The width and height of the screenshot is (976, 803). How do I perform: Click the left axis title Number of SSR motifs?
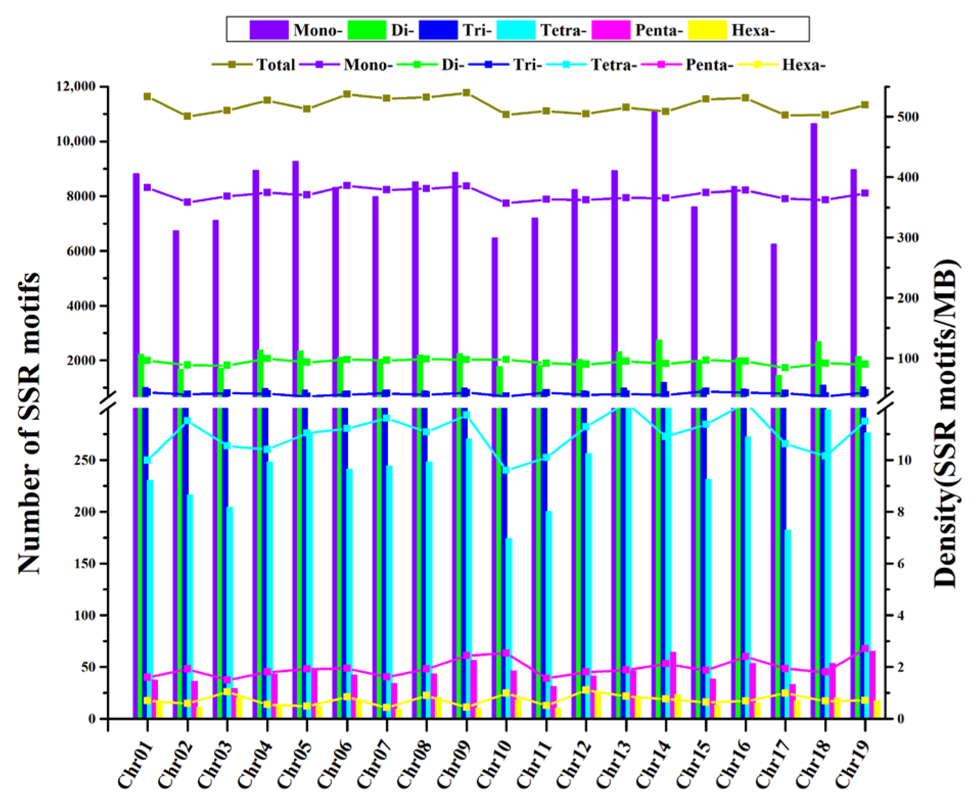coord(29,424)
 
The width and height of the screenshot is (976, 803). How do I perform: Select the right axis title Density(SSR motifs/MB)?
coord(945,424)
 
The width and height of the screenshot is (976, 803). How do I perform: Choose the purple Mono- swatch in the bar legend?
coord(268,30)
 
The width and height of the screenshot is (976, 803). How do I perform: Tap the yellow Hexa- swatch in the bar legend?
coord(707,30)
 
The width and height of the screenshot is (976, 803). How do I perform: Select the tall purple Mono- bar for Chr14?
coord(654,255)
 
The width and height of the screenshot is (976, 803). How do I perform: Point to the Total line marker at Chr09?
coord(466,93)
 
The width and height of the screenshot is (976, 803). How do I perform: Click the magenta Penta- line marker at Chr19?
coord(865,649)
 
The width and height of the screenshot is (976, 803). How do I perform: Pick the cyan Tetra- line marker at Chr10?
coord(506,470)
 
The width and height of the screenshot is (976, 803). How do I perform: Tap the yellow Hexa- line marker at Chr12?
coord(586,690)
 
